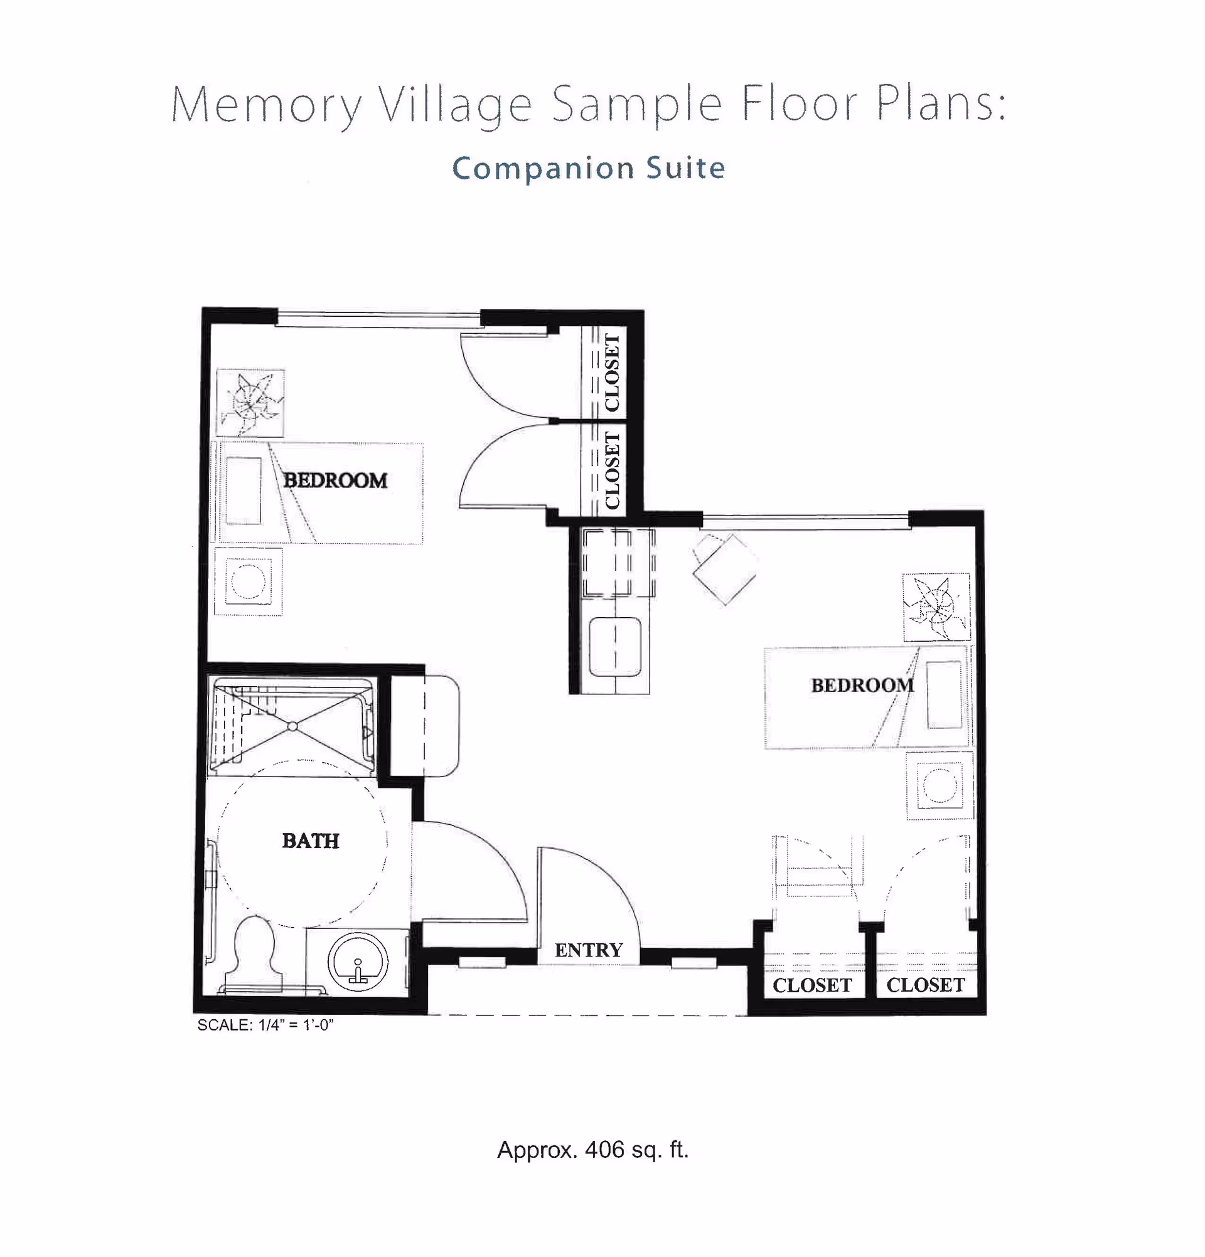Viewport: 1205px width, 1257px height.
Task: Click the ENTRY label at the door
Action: (589, 950)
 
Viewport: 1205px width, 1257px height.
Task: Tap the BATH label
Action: (311, 841)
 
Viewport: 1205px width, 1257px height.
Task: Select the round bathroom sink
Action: (357, 962)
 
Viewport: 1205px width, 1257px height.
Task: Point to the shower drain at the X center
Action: (292, 726)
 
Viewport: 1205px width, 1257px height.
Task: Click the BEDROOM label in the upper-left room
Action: (335, 480)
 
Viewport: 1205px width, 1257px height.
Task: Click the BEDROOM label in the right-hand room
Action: (862, 685)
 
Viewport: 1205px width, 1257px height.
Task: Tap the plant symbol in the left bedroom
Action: (250, 403)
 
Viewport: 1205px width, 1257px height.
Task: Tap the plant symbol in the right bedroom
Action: (936, 607)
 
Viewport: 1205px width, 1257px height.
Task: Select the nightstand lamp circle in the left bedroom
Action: (248, 581)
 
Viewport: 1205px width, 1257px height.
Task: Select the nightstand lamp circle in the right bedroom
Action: (940, 785)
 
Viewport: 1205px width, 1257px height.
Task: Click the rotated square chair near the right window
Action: (724, 568)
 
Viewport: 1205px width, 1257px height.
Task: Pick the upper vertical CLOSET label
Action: (611, 373)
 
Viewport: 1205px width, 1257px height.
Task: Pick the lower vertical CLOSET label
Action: (611, 470)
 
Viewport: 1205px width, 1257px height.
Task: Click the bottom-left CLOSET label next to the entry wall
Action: (811, 985)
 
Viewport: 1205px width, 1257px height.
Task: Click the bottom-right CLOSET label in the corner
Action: (925, 985)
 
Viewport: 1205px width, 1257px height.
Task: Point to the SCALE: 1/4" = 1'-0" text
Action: (265, 1025)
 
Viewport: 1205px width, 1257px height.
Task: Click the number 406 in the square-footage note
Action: (604, 1150)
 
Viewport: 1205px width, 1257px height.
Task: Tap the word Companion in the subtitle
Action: (543, 169)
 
